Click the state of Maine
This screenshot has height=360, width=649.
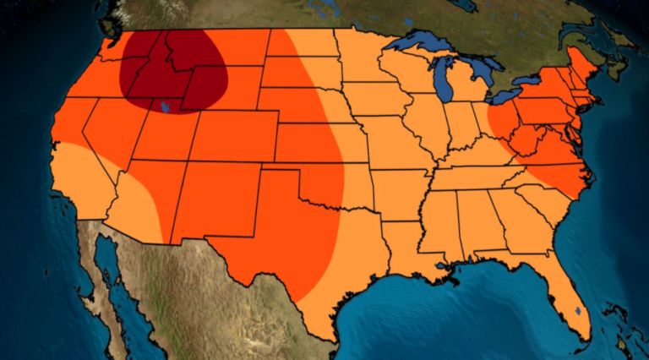click(582, 63)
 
